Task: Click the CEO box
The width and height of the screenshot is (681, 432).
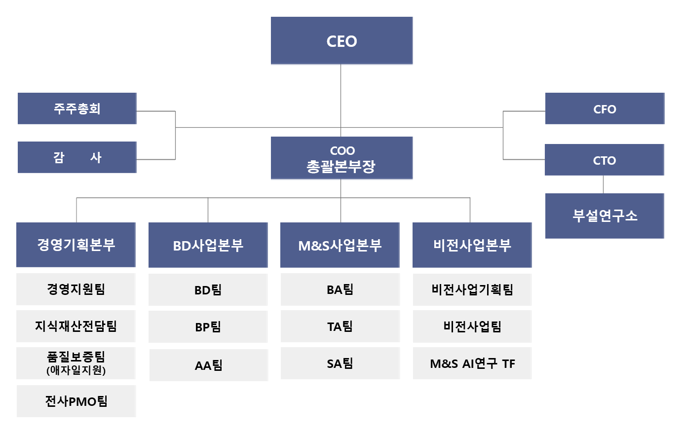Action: (341, 40)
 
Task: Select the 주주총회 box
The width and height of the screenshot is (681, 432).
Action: (77, 108)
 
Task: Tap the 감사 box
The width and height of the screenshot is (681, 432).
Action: (77, 157)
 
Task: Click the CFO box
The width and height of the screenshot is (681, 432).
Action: (605, 108)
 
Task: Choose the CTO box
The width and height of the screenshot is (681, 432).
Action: (605, 160)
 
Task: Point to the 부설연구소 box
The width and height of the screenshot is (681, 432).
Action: (605, 216)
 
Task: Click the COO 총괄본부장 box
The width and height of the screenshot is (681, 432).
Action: (341, 158)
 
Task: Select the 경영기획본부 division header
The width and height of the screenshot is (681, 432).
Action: (76, 245)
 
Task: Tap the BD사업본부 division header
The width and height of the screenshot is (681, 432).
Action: (208, 245)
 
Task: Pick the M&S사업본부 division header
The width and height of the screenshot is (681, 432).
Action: (340, 245)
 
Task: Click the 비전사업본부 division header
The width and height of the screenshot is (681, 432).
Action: (472, 245)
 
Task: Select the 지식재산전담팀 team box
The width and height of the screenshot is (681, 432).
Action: (76, 326)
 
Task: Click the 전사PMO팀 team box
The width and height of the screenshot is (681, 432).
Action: (76, 401)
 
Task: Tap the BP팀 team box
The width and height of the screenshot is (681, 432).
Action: (208, 326)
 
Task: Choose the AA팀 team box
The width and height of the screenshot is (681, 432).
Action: (209, 365)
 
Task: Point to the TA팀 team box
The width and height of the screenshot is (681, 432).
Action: (340, 326)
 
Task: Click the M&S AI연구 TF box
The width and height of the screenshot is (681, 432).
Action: (472, 363)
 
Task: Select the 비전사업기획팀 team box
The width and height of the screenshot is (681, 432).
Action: (472, 289)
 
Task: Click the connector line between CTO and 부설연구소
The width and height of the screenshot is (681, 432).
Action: (603, 184)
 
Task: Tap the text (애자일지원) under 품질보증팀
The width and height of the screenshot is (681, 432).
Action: (76, 370)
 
